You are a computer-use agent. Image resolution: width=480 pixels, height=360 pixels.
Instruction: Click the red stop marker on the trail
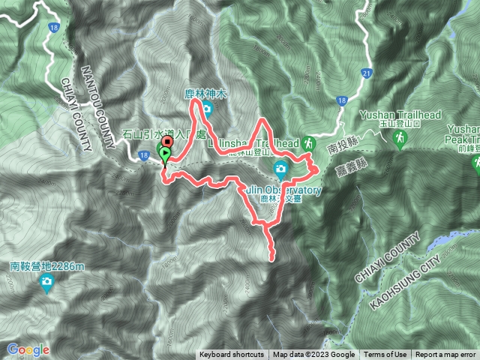pyautogui.click(x=166, y=141)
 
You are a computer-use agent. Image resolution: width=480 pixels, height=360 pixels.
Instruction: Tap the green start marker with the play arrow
pyautogui.click(x=164, y=154)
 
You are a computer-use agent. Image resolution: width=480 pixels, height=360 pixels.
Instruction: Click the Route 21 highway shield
pyautogui.click(x=367, y=73)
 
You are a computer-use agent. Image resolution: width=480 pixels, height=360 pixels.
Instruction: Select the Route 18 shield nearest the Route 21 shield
pyautogui.click(x=342, y=100)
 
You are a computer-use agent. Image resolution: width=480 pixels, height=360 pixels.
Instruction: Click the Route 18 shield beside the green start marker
pyautogui.click(x=142, y=155)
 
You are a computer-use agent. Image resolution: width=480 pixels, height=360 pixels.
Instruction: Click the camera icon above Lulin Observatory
pyautogui.click(x=281, y=166)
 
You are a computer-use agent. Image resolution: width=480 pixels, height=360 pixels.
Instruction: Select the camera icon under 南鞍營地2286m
pyautogui.click(x=47, y=282)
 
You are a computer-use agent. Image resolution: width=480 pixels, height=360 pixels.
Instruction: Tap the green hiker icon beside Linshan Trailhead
pyautogui.click(x=309, y=142)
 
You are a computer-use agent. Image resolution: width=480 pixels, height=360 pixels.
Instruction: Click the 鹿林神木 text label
pyautogui.click(x=206, y=94)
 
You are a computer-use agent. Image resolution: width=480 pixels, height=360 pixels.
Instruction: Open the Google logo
pyautogui.click(x=28, y=349)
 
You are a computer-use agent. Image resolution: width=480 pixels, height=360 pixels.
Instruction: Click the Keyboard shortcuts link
pyautogui.click(x=231, y=355)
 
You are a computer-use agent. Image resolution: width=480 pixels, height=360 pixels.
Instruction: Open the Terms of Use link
pyautogui.click(x=385, y=355)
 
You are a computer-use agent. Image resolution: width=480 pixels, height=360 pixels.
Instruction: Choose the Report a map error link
pyautogui.click(x=446, y=355)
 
